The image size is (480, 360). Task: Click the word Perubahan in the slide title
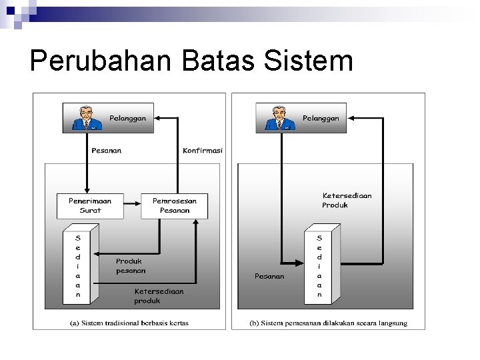pos(99,61)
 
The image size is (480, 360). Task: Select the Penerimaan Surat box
pos(90,205)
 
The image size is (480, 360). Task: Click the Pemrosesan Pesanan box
pos(175,205)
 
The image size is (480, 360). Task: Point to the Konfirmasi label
pos(203,151)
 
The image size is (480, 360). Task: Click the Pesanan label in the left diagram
pos(106,151)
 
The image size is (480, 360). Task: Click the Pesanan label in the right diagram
pos(269,276)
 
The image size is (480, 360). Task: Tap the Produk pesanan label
pos(131,266)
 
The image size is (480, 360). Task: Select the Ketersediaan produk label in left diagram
pos(159,296)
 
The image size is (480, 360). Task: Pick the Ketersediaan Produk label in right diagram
pos(347,200)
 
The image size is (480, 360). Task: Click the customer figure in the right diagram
pos(279,118)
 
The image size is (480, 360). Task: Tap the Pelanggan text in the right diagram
pos(321,118)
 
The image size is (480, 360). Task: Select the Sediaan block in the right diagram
pos(321,265)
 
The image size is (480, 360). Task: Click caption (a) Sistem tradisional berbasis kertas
pos(129,323)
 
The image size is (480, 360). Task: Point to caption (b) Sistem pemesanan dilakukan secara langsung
pos(328,323)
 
